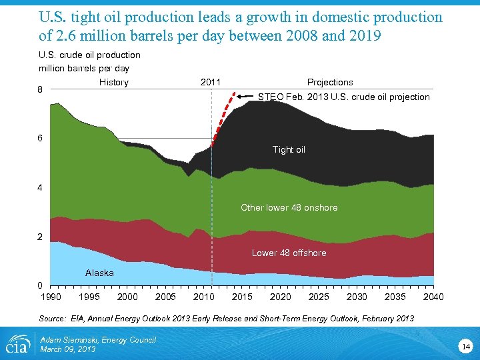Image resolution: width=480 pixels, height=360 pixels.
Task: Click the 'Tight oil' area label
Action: (289, 150)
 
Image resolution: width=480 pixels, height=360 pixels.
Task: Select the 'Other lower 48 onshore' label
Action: (289, 207)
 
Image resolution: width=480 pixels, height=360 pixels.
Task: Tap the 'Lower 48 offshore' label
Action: (289, 253)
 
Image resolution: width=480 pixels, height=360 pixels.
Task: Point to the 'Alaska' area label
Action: (99, 273)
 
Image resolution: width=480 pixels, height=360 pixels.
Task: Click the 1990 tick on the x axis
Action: (51, 297)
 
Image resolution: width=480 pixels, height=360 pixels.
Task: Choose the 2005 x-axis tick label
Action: (166, 297)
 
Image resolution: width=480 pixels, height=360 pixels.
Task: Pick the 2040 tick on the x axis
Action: (433, 297)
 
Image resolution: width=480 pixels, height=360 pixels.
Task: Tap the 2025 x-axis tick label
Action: (319, 297)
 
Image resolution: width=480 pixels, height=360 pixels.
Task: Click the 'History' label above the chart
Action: (113, 82)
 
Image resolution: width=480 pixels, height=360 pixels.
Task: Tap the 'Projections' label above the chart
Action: (330, 82)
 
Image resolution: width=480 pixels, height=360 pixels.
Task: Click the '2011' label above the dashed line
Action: (211, 82)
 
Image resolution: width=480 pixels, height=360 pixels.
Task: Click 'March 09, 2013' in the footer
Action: (68, 349)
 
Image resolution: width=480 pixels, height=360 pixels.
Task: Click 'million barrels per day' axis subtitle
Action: (84, 68)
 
